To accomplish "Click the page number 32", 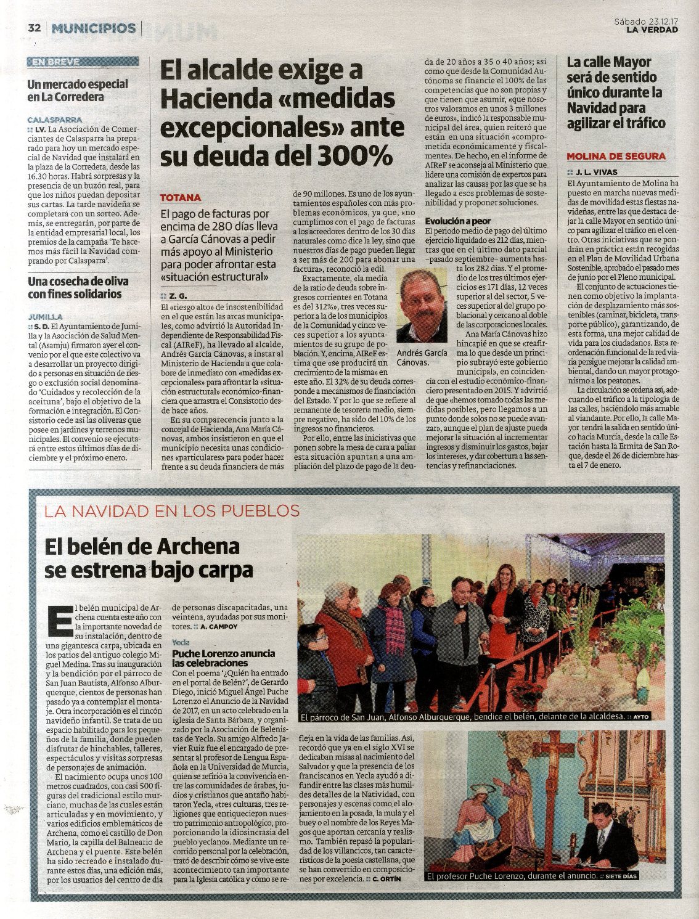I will point(34,28).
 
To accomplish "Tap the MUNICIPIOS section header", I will point(94,28).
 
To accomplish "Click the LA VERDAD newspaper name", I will point(652,30).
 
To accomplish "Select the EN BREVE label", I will point(56,62).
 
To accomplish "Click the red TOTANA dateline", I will point(180,198).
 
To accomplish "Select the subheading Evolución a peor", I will point(458,221).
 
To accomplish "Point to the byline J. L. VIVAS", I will point(596,172).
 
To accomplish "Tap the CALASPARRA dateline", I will point(54,120).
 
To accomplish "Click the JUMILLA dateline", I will point(45,316).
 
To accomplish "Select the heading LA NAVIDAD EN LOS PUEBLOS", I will point(171,511).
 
